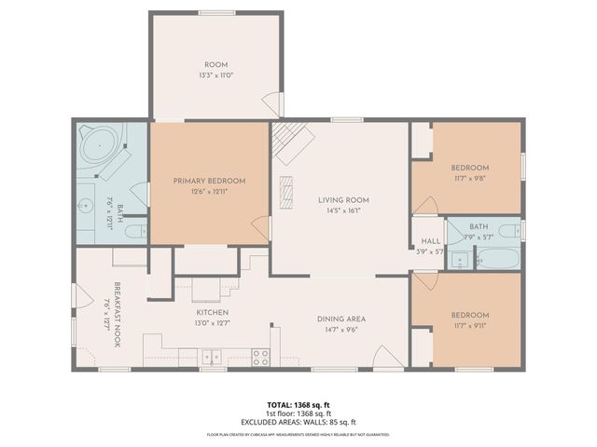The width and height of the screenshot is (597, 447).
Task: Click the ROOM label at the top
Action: (x=216, y=64)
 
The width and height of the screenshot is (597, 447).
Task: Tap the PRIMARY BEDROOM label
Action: (x=209, y=181)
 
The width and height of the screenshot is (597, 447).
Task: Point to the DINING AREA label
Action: (x=344, y=318)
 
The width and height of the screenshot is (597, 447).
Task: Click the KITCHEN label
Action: (x=213, y=313)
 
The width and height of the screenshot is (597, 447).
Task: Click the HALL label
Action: (x=430, y=240)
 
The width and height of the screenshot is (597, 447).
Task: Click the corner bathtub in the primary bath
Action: (x=99, y=147)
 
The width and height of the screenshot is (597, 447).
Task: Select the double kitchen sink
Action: (x=213, y=356)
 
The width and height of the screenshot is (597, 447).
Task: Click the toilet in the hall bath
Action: (x=507, y=231)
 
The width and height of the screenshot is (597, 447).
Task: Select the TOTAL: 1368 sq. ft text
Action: (x=298, y=405)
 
